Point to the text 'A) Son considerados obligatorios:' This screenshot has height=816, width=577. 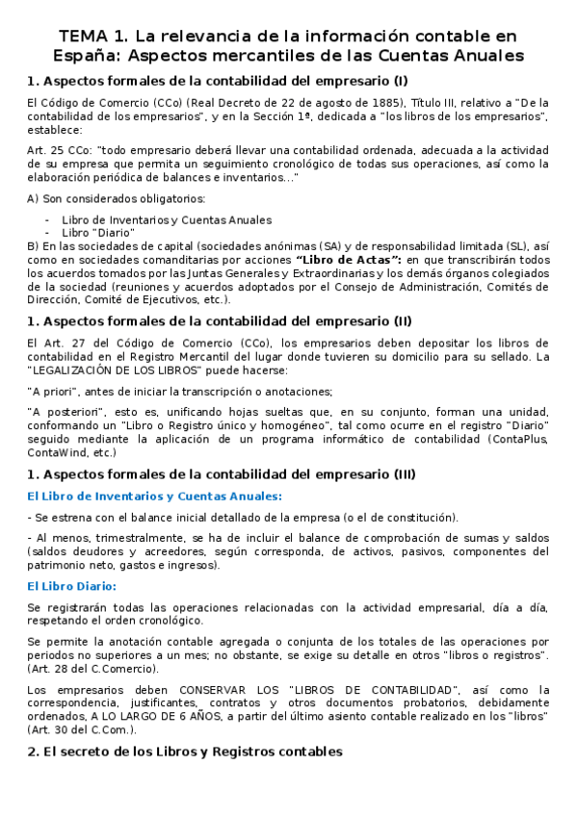click(117, 198)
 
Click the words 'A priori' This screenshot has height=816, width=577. click(57, 391)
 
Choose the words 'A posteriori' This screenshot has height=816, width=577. click(67, 412)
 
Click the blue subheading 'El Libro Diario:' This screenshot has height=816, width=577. click(72, 586)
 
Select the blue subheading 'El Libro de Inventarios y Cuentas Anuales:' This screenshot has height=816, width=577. click(154, 496)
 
